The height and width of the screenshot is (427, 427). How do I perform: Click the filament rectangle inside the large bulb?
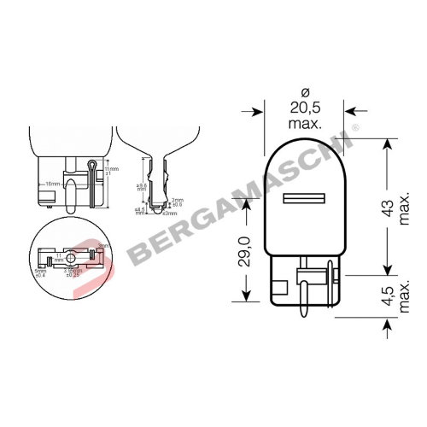coord(305,198)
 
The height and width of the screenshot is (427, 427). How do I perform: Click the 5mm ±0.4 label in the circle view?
coord(41,273)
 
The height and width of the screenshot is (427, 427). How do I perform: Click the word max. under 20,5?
coord(305,125)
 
